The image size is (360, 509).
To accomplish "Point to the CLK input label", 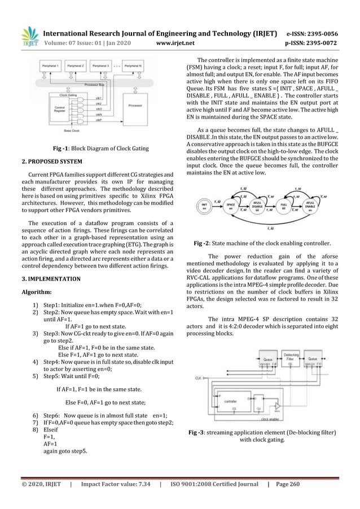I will click(198, 378).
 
